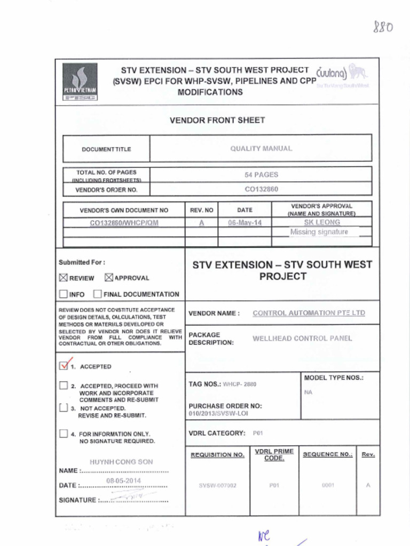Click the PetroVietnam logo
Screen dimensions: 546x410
pyautogui.click(x=80, y=82)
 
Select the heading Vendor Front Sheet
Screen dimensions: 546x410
pyautogui.click(x=217, y=121)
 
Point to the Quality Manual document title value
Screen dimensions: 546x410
pyautogui.click(x=261, y=149)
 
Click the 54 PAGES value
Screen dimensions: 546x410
pyautogui.click(x=261, y=174)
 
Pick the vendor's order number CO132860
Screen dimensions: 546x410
pyautogui.click(x=261, y=189)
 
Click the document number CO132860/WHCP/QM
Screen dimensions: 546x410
pyautogui.click(x=124, y=223)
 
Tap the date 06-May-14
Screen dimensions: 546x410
pyautogui.click(x=245, y=223)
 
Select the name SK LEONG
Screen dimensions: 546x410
pyautogui.click(x=321, y=222)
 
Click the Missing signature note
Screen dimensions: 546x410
pyautogui.click(x=319, y=232)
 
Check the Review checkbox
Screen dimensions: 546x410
pyautogui.click(x=64, y=277)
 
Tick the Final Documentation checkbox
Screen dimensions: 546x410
pyautogui.click(x=97, y=294)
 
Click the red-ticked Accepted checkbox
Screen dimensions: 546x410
pyautogui.click(x=64, y=366)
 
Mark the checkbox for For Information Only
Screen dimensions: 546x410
pyautogui.click(x=64, y=434)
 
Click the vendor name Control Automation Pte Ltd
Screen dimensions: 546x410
pyautogui.click(x=309, y=313)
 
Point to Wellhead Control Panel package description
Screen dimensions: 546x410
pyautogui.click(x=302, y=338)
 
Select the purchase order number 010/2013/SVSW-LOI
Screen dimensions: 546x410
pyautogui.click(x=218, y=413)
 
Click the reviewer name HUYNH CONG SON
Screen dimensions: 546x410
pyautogui.click(x=121, y=462)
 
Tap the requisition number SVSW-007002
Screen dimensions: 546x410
pyautogui.click(x=217, y=486)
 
